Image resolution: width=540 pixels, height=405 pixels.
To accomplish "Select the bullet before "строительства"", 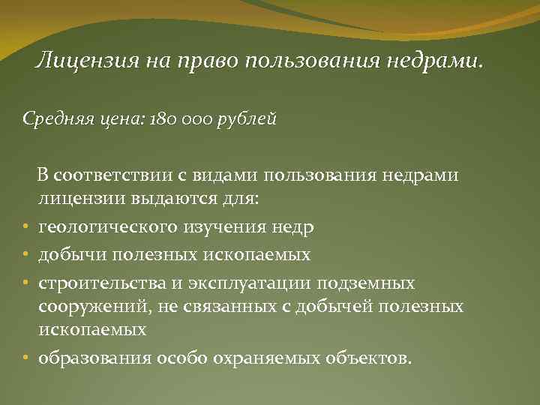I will (x=25, y=283).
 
